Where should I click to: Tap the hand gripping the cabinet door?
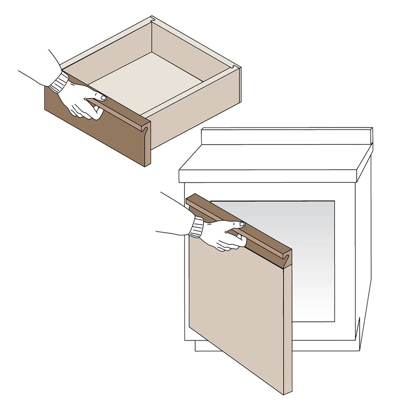click(x=222, y=235)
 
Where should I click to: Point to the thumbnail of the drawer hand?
click(x=103, y=98)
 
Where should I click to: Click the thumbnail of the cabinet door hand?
click(x=242, y=224)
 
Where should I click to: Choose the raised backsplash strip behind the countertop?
click(x=286, y=136)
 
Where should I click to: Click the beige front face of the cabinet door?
click(x=237, y=310)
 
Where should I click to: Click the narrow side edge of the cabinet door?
click(x=288, y=326)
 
